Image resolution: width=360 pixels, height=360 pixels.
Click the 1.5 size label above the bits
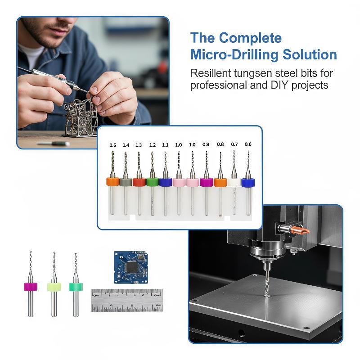[x=113, y=145]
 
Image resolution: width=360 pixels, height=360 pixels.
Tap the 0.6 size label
[x=248, y=144]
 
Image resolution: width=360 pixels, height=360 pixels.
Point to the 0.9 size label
[x=206, y=144]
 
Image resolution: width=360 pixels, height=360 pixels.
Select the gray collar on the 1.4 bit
[x=126, y=182]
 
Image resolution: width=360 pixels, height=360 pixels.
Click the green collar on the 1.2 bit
[x=153, y=182]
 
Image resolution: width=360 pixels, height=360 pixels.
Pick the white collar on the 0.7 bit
[x=234, y=182]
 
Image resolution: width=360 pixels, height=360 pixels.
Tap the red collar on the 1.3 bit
[x=139, y=182]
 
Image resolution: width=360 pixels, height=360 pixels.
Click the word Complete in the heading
[x=250, y=38]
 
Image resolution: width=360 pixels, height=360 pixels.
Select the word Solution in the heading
[x=310, y=54]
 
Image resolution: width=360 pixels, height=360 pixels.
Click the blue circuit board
[x=131, y=267]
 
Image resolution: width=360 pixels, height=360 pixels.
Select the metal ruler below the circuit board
[x=127, y=300]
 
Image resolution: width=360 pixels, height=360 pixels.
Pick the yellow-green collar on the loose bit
[x=54, y=287]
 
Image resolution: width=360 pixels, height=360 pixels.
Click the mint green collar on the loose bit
[x=76, y=287]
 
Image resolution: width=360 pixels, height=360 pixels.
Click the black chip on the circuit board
[x=131, y=267]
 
